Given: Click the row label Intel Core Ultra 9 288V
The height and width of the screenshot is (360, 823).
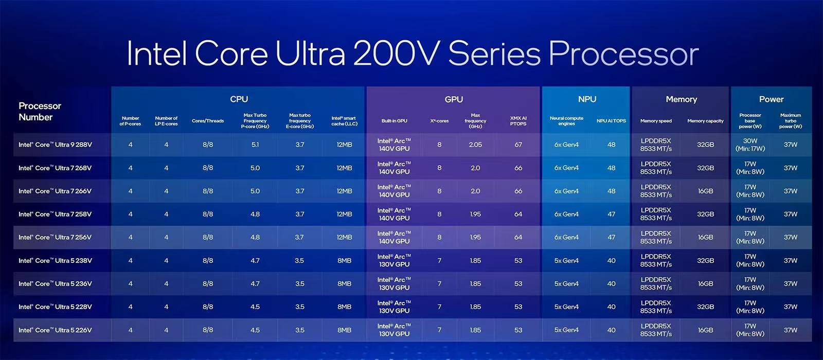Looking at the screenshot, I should click(55, 145).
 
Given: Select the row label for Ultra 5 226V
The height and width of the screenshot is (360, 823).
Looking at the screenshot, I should click(55, 330).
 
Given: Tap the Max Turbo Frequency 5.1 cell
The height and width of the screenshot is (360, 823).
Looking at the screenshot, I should click(255, 145).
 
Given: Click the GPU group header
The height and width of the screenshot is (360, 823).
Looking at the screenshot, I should click(454, 99).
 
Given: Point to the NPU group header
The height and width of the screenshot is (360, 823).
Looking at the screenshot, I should click(587, 99).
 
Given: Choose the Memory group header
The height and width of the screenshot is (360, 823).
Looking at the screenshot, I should click(681, 99).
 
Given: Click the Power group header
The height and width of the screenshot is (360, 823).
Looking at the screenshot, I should click(771, 99).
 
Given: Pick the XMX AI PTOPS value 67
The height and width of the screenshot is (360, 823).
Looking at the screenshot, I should click(518, 145).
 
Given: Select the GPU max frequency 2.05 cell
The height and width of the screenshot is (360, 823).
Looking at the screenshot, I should click(475, 145).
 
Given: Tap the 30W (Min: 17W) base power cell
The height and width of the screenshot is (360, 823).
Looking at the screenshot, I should click(750, 145).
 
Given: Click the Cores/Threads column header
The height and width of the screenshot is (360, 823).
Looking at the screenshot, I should click(208, 121).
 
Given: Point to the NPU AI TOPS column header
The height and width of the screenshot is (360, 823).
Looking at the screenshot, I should click(611, 121).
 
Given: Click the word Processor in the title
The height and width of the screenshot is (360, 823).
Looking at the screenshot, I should click(623, 54).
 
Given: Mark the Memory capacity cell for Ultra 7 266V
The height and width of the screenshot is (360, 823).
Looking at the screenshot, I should click(705, 191).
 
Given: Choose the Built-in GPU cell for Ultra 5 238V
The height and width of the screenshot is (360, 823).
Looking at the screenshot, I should click(394, 260).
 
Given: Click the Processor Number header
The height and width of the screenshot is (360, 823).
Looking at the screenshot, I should click(40, 111).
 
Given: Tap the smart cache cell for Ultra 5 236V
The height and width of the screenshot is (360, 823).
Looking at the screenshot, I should click(344, 284).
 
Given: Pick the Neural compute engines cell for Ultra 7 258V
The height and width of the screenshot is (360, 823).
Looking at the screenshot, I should click(566, 214).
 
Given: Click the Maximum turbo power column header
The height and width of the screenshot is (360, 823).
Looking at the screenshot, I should click(790, 121).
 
